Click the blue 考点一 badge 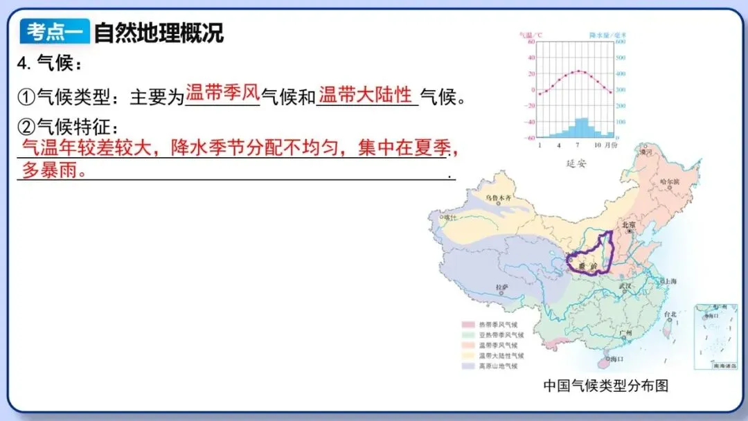pos(55,31)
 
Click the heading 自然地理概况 pos(159,32)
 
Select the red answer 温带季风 pos(222,93)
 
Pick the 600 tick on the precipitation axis pos(621,42)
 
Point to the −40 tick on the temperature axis pos(531,122)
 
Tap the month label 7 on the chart pos(576,145)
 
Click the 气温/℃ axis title pos(531,34)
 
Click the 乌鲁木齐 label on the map pos(497,198)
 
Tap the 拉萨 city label pos(502,286)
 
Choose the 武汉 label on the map pos(626,285)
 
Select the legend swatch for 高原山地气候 pos(468,366)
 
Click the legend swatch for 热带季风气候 pos(468,325)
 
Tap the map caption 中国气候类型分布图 pos(605,386)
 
